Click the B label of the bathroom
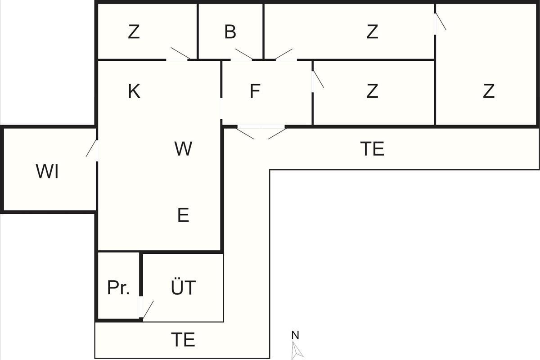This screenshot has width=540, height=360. pos(230,31)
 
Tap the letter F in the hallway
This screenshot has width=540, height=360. pos(255,91)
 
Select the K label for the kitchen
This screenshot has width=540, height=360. pos(134,91)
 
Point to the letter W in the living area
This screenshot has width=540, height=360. pos(183,149)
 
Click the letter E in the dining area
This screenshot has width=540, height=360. pos(183,215)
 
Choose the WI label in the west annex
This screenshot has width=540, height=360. pos(47,172)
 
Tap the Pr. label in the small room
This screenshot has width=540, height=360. pos(118,288)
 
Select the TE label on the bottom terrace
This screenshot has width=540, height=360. pos(183,339)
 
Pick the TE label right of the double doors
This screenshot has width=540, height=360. pos(372,149)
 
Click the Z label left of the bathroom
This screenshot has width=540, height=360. pos(134,31)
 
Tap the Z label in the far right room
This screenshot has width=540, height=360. pos(489,91)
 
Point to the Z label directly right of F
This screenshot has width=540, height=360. pos(372,91)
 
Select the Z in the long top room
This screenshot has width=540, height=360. pos(372,31)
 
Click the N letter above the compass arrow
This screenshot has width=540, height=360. pos(295,335)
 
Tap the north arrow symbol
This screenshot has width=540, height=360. pos(297,351)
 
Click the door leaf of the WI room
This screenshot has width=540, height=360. pos(91,148)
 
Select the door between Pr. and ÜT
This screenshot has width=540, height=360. pos(148,310)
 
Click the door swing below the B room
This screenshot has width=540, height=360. pos(244,54)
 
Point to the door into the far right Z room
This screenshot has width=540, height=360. pos(441,22)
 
